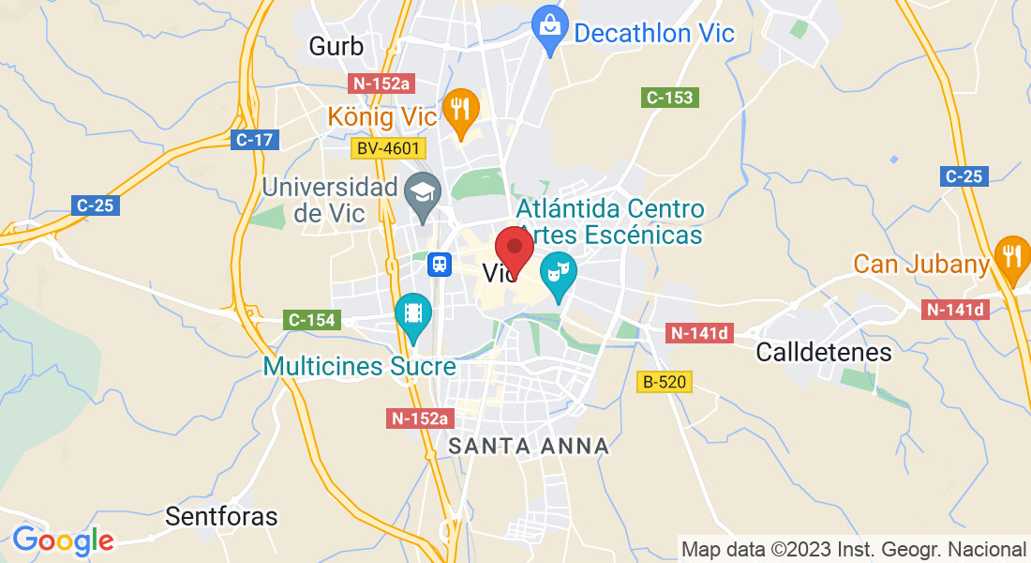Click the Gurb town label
coord(336,45)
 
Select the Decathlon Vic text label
coord(654,34)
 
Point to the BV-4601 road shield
coord(388,148)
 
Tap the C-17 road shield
coord(254,140)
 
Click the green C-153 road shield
coord(670,97)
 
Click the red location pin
coord(514,249)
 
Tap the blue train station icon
coord(439,265)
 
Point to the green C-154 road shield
coord(311,320)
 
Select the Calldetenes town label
coord(824,353)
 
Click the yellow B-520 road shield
coord(665,382)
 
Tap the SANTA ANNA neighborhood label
coord(529,447)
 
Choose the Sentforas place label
coord(221,516)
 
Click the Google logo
coord(63,540)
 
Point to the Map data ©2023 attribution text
coord(854,549)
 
